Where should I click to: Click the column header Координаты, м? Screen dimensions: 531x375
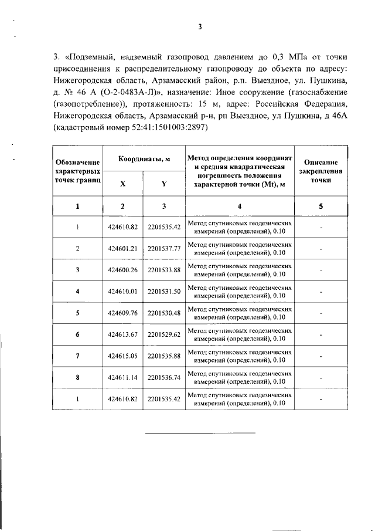point(144,158)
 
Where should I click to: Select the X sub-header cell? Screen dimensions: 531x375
point(123,183)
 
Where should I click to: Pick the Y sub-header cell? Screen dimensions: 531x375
point(164,183)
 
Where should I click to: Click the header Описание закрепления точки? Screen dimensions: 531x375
point(321,171)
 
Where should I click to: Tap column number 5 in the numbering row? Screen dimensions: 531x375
point(321,206)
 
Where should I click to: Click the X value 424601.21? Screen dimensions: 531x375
point(123,248)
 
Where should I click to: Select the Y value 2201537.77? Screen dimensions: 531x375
point(164,248)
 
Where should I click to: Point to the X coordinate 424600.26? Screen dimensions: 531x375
point(123,270)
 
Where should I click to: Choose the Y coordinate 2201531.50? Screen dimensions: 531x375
point(164,291)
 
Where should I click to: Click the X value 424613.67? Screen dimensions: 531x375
point(123,334)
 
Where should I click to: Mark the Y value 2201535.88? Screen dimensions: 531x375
point(164,356)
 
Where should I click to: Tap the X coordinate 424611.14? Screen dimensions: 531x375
point(123,378)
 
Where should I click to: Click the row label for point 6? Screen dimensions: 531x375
point(77,334)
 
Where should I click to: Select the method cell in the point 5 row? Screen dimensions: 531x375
point(240,313)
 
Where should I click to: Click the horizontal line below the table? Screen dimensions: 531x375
point(200,433)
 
